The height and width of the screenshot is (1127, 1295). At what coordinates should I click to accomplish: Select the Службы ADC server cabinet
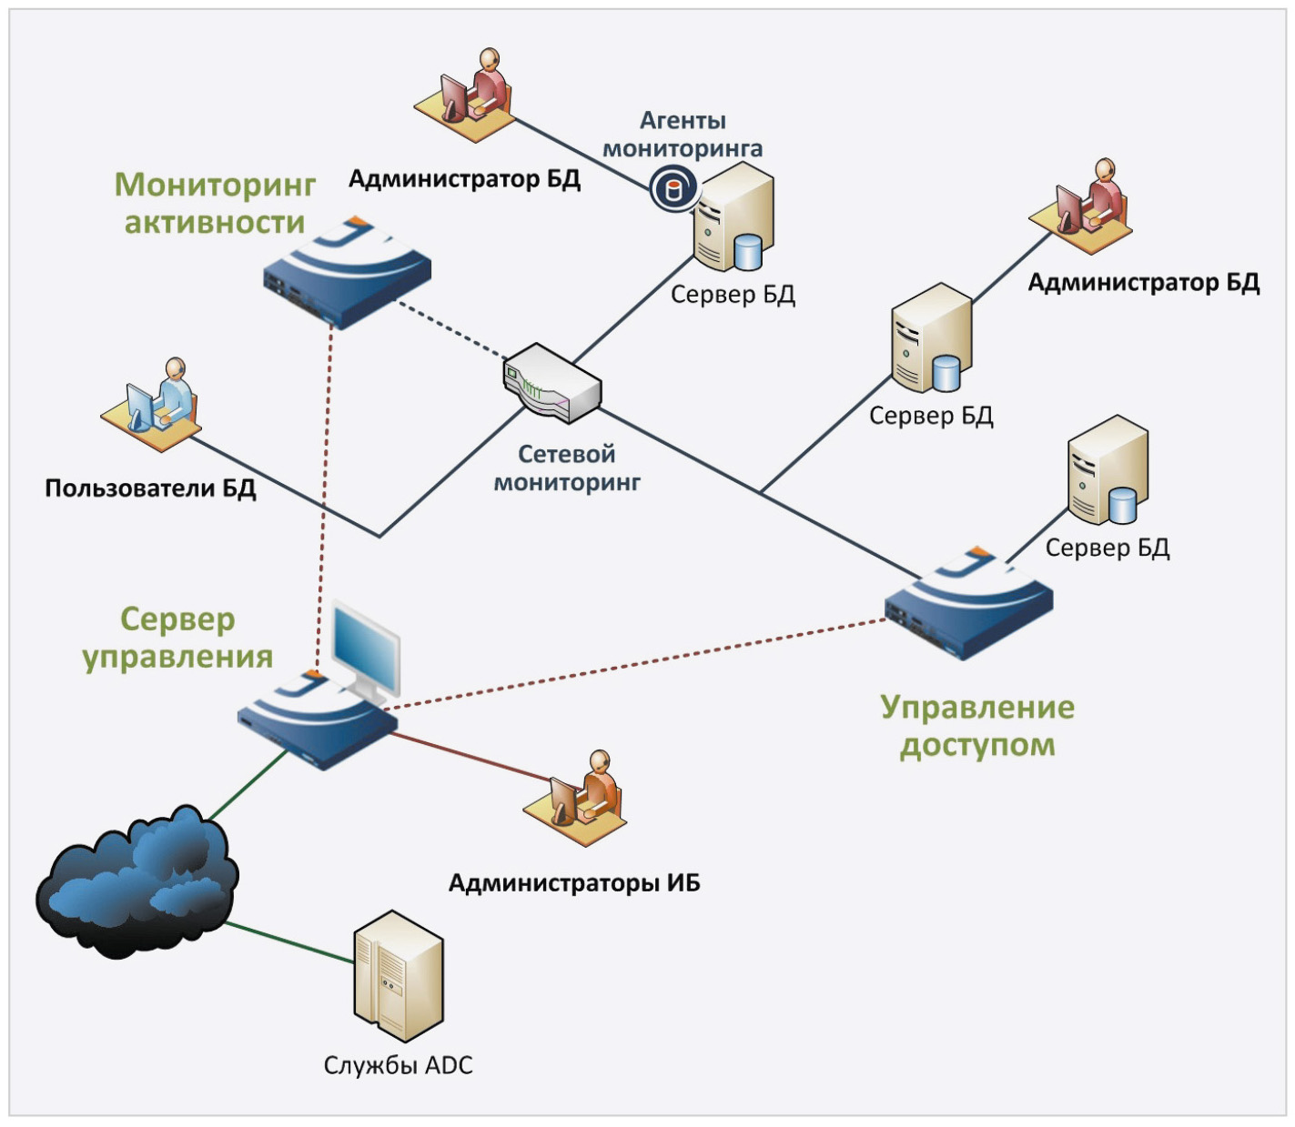[398, 975]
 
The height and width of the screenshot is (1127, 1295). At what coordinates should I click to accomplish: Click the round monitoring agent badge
[673, 189]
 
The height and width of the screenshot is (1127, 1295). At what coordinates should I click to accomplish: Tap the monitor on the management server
[366, 649]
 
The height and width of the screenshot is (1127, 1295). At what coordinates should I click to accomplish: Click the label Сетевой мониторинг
[566, 468]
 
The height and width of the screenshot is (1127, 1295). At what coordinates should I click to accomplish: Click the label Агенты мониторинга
[683, 134]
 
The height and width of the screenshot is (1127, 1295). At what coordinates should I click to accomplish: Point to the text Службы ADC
[398, 1065]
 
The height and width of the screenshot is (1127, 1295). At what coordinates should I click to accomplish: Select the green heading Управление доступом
[977, 725]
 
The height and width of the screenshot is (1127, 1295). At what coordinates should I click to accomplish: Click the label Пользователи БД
[150, 488]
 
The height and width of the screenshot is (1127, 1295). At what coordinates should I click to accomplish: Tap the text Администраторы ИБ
[574, 882]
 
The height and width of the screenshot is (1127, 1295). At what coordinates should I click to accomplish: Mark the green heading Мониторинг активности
[215, 203]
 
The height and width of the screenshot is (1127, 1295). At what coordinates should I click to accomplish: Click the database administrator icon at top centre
[465, 96]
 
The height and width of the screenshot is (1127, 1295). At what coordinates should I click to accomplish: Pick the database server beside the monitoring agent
[733, 218]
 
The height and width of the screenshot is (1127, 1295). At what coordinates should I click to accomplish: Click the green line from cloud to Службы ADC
[289, 943]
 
